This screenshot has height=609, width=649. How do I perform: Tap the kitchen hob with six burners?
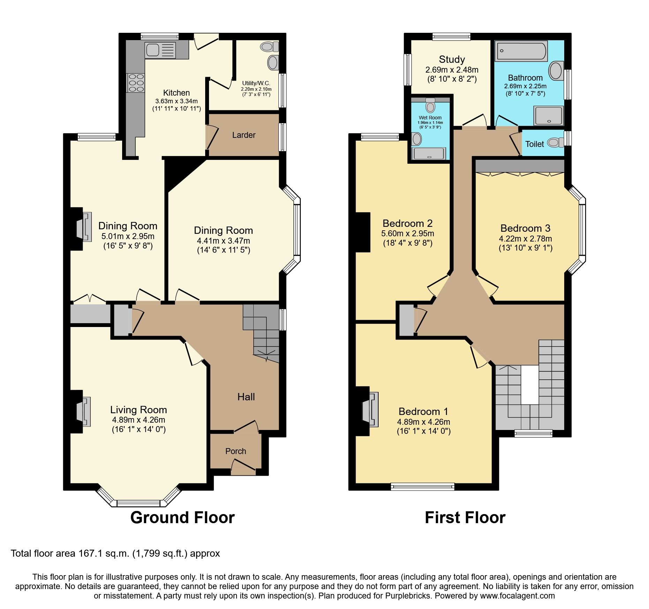[136, 83]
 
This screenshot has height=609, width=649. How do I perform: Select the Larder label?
[244, 135]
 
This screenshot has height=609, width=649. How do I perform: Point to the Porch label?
[236, 451]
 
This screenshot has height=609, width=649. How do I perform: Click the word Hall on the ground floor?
[246, 397]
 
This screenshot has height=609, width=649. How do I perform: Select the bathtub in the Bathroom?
[521, 51]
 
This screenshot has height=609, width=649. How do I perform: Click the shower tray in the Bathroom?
[549, 116]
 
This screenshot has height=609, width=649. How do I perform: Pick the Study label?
[452, 59]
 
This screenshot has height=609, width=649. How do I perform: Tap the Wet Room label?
[430, 118]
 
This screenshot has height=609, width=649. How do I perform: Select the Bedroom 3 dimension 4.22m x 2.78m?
[525, 239]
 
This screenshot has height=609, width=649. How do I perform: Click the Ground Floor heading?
[182, 517]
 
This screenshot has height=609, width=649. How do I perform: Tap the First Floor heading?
[465, 517]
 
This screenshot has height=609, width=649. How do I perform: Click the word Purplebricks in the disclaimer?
[408, 596]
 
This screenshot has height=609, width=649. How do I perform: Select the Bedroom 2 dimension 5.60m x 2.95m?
[408, 233]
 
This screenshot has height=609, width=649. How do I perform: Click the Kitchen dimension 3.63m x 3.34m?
[176, 101]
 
